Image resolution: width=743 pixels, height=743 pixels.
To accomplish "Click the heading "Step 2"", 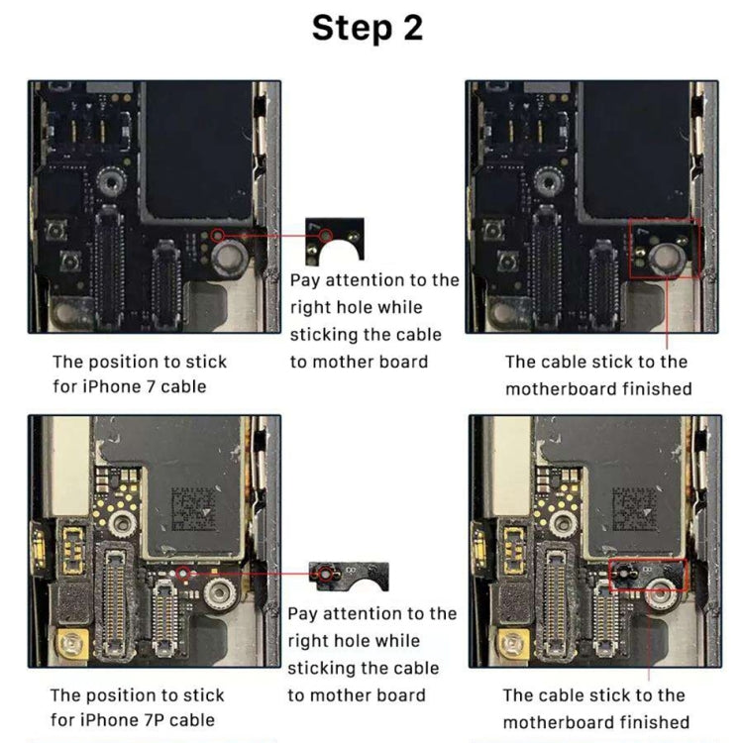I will point(368,28).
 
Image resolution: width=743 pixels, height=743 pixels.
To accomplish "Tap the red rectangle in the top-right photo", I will point(665,248).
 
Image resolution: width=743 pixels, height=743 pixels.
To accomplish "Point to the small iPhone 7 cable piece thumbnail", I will point(335,240).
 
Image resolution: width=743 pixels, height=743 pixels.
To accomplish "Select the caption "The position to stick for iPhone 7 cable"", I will point(140,374).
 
